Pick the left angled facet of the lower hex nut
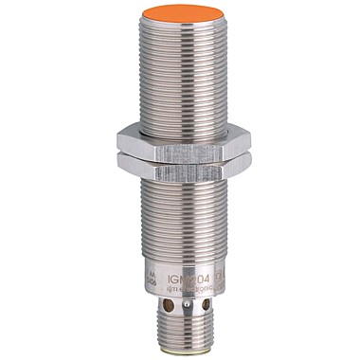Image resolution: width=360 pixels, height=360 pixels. [x=130, y=168]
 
